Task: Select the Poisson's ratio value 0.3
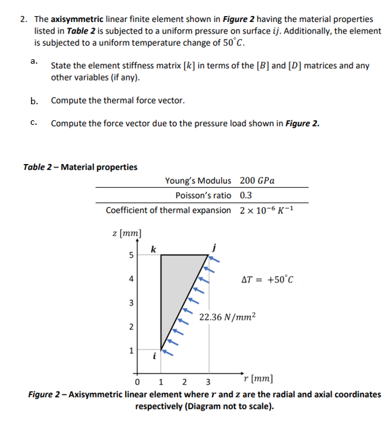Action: point(246,195)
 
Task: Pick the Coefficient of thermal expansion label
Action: point(168,210)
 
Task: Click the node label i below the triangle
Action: point(153,355)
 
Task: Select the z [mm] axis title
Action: point(126,232)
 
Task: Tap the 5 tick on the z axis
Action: point(132,255)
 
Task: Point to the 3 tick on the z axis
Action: point(132,302)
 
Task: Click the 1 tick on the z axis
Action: point(132,351)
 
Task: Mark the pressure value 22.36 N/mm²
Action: point(228,317)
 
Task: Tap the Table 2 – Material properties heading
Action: point(80,167)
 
